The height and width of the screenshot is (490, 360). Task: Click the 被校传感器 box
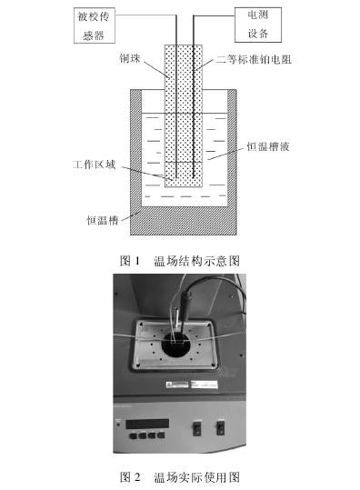[95, 25]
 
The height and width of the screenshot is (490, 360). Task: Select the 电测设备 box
[258, 25]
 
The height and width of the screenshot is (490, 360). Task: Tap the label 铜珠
[130, 58]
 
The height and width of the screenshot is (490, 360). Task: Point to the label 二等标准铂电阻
[254, 59]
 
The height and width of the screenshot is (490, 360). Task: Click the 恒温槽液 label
[268, 146]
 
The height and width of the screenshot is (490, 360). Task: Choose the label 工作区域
[95, 165]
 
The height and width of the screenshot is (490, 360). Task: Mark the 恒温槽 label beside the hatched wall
[102, 220]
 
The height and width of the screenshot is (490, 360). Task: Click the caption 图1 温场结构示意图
[180, 261]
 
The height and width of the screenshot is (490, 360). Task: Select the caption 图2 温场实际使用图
[180, 477]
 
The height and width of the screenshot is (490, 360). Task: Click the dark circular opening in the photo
[176, 345]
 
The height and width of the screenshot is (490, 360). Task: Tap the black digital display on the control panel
[147, 424]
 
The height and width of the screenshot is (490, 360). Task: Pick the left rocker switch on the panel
[197, 428]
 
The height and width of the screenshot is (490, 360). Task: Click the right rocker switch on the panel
[221, 428]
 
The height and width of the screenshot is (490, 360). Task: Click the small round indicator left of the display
[118, 425]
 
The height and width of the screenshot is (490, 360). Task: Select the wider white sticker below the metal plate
[204, 384]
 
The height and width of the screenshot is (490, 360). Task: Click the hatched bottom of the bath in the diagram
[183, 221]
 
